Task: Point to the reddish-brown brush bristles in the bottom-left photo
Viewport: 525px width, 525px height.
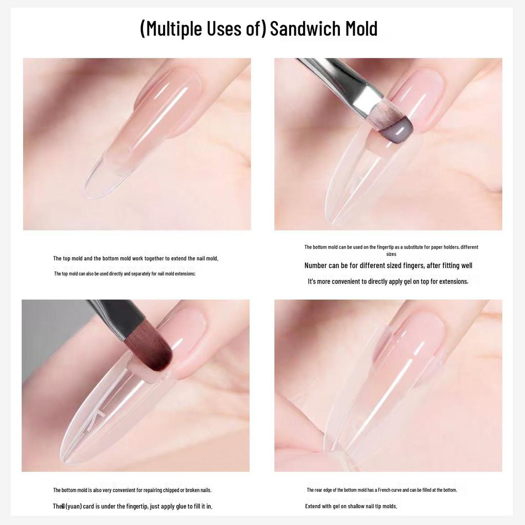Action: click(x=153, y=352)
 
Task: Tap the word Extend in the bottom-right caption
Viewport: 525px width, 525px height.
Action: click(x=314, y=506)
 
